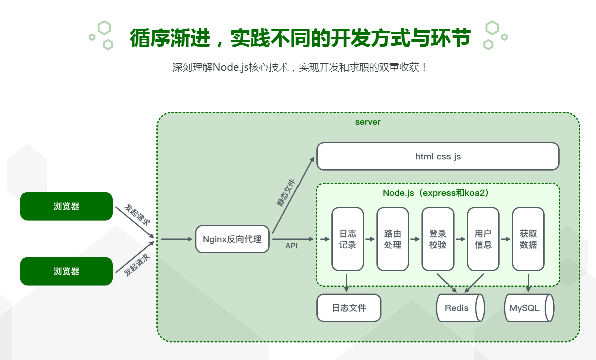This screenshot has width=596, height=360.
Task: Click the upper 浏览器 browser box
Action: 66,206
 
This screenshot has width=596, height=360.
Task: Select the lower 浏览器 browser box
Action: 66,271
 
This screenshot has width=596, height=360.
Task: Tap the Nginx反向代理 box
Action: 232,239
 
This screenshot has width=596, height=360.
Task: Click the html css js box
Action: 437,156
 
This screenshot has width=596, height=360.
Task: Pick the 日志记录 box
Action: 347,239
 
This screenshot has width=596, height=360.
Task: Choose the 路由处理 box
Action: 392,239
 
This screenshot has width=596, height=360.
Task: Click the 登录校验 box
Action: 437,239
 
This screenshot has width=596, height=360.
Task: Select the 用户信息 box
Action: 483,239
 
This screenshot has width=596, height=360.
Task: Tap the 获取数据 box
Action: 528,239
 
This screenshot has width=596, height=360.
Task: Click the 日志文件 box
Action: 349,307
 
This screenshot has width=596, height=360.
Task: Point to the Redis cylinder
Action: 460,307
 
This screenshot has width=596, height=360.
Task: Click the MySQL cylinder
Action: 528,307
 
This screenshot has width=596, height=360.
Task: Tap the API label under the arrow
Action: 291,246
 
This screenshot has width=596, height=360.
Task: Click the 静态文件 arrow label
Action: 286,193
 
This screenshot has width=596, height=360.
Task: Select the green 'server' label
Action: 368,122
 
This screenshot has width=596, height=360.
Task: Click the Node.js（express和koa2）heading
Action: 435,193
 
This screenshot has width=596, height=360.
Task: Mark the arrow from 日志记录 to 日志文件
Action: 347,282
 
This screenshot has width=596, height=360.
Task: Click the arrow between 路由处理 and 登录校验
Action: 415,240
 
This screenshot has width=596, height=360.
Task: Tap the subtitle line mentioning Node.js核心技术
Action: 300,67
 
